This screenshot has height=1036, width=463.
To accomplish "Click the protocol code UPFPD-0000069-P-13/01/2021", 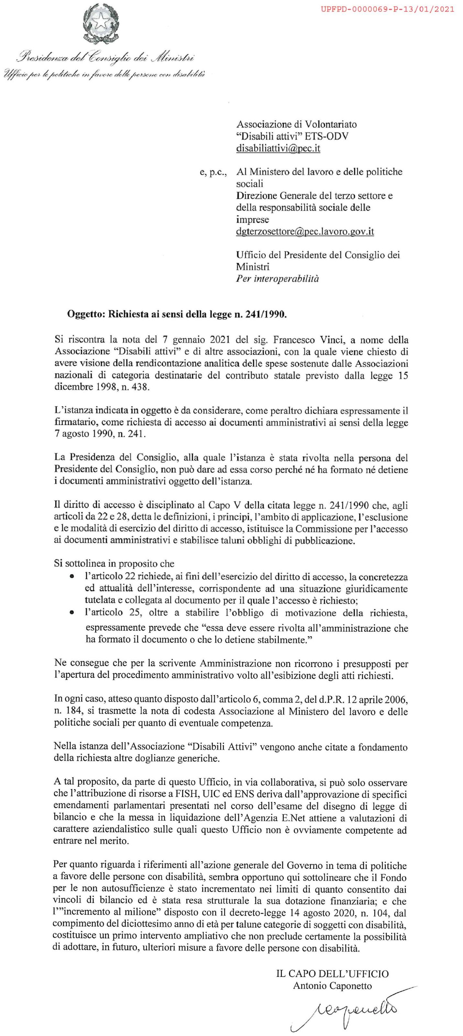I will click(387, 9).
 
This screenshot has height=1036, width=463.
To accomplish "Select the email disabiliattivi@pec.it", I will click(278, 148).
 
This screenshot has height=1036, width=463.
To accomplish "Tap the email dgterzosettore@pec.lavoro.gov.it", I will click(305, 231).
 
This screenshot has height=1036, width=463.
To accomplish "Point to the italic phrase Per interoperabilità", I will click(277, 278).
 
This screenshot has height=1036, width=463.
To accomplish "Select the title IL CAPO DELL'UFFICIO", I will click(332, 974).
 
